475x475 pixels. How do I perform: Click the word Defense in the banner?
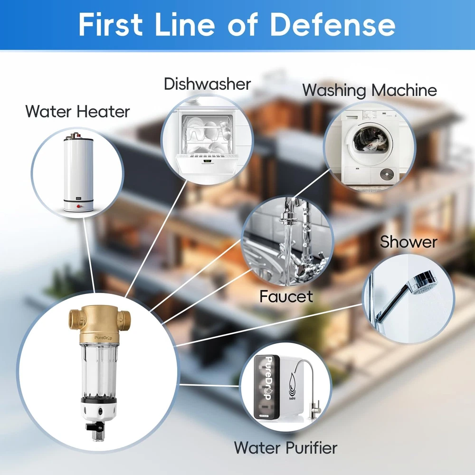click(332, 24)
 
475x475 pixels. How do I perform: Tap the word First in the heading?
click(111, 24)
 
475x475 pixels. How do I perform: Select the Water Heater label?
click(77, 112)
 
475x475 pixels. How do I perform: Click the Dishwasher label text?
click(208, 84)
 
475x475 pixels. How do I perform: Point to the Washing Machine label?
click(370, 90)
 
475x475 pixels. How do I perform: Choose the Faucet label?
click(286, 296)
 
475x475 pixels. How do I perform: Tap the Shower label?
click(408, 242)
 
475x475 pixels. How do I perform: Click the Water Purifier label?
click(285, 448)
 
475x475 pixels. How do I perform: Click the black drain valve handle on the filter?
click(92, 427)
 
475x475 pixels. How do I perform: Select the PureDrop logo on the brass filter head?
click(103, 338)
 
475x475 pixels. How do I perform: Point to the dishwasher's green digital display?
click(207, 161)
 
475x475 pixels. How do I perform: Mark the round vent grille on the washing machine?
click(388, 174)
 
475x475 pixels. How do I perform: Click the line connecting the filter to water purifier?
click(209, 385)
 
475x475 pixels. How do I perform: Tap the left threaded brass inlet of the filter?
click(75, 320)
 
